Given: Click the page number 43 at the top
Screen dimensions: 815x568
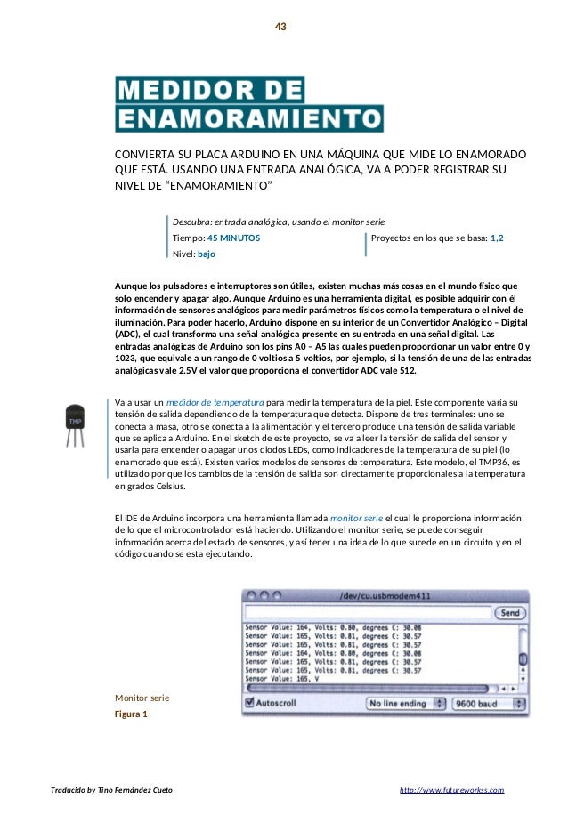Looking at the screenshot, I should pyautogui.click(x=280, y=27).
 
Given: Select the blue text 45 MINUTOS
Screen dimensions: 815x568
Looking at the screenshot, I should pyautogui.click(x=234, y=238).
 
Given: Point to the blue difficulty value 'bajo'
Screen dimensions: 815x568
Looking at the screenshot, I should pyautogui.click(x=207, y=254).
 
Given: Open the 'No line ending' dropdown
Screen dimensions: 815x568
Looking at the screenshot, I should pyautogui.click(x=405, y=702).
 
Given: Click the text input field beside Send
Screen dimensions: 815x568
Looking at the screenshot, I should pyautogui.click(x=367, y=613).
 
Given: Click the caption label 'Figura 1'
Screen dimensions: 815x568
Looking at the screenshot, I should pyautogui.click(x=132, y=714).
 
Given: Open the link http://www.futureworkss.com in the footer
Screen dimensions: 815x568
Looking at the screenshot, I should pyautogui.click(x=451, y=790).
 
